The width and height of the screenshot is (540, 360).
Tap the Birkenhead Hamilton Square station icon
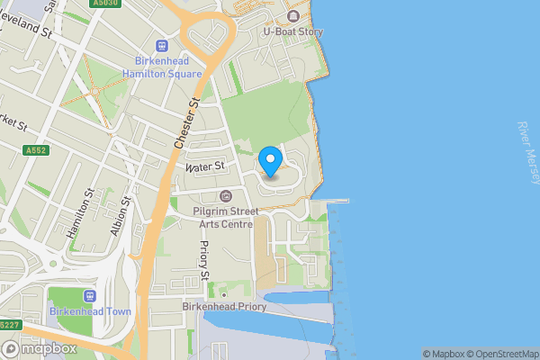[162, 46]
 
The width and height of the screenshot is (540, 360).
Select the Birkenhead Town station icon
[90, 296]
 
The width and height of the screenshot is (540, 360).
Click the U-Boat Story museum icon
[292, 16]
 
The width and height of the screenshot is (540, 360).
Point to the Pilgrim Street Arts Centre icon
[226, 196]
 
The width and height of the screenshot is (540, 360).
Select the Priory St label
[205, 260]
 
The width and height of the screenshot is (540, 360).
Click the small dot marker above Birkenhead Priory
[223, 294]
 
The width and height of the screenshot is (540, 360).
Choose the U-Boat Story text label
[292, 31]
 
